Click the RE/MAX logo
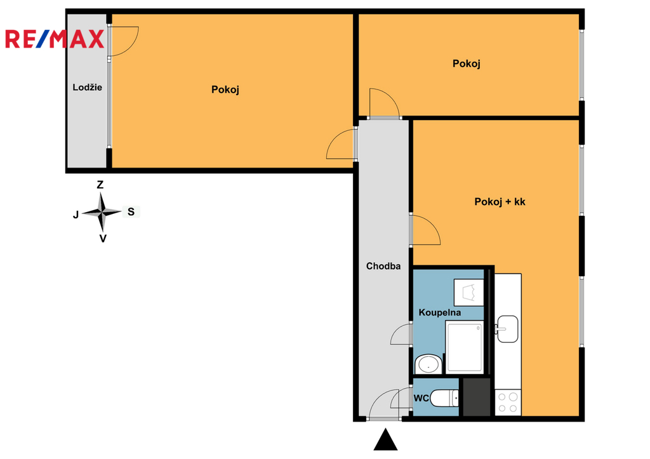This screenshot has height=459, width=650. [x=55, y=39]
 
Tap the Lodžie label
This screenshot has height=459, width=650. [x=87, y=87]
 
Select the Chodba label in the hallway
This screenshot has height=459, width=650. [x=383, y=266]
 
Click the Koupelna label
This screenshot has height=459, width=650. [x=439, y=312]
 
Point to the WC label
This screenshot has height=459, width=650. [x=421, y=399]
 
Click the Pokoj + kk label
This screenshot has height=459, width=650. [x=500, y=202]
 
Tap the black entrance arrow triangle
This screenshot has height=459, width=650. [x=385, y=439]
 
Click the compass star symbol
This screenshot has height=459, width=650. [x=102, y=212]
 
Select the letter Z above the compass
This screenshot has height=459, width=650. [x=100, y=185]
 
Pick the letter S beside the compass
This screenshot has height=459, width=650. [x=131, y=212]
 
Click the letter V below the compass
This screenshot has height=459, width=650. [x=103, y=239]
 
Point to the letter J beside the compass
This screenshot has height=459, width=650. [x=76, y=215]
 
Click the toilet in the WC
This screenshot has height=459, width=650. [x=444, y=398]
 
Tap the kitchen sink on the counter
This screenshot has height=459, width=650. [x=507, y=329]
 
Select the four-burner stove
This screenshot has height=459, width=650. [x=508, y=402]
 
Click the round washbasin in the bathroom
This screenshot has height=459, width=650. [x=428, y=364]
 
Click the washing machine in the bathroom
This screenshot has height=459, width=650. [x=469, y=292]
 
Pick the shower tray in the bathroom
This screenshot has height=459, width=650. [x=464, y=347]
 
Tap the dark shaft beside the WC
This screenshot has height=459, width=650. [x=477, y=397]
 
